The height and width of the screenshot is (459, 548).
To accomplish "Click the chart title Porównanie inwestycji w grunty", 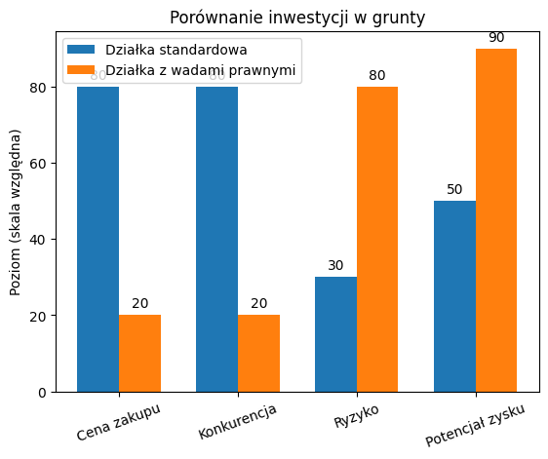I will [x=297, y=17].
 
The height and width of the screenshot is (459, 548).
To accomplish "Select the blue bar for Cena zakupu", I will [x=98, y=239].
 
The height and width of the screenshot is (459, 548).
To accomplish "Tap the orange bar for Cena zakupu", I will [x=139, y=353].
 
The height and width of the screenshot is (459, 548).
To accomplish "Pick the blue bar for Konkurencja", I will [x=216, y=239].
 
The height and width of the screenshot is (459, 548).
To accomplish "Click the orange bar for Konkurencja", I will [x=258, y=353].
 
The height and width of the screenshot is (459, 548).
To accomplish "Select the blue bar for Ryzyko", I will [x=335, y=334].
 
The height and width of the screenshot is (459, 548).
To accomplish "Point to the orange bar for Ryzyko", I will [x=377, y=239].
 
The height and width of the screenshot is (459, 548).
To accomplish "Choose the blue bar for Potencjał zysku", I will [x=454, y=296].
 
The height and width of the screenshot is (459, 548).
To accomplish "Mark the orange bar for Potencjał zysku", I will [x=496, y=220].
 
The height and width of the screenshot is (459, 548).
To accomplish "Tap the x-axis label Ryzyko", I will [x=357, y=415].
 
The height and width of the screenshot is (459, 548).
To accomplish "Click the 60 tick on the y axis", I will [x=39, y=163].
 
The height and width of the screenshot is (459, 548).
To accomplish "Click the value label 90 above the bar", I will [x=496, y=37].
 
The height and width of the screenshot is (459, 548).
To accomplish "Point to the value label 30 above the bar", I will [x=335, y=265].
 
